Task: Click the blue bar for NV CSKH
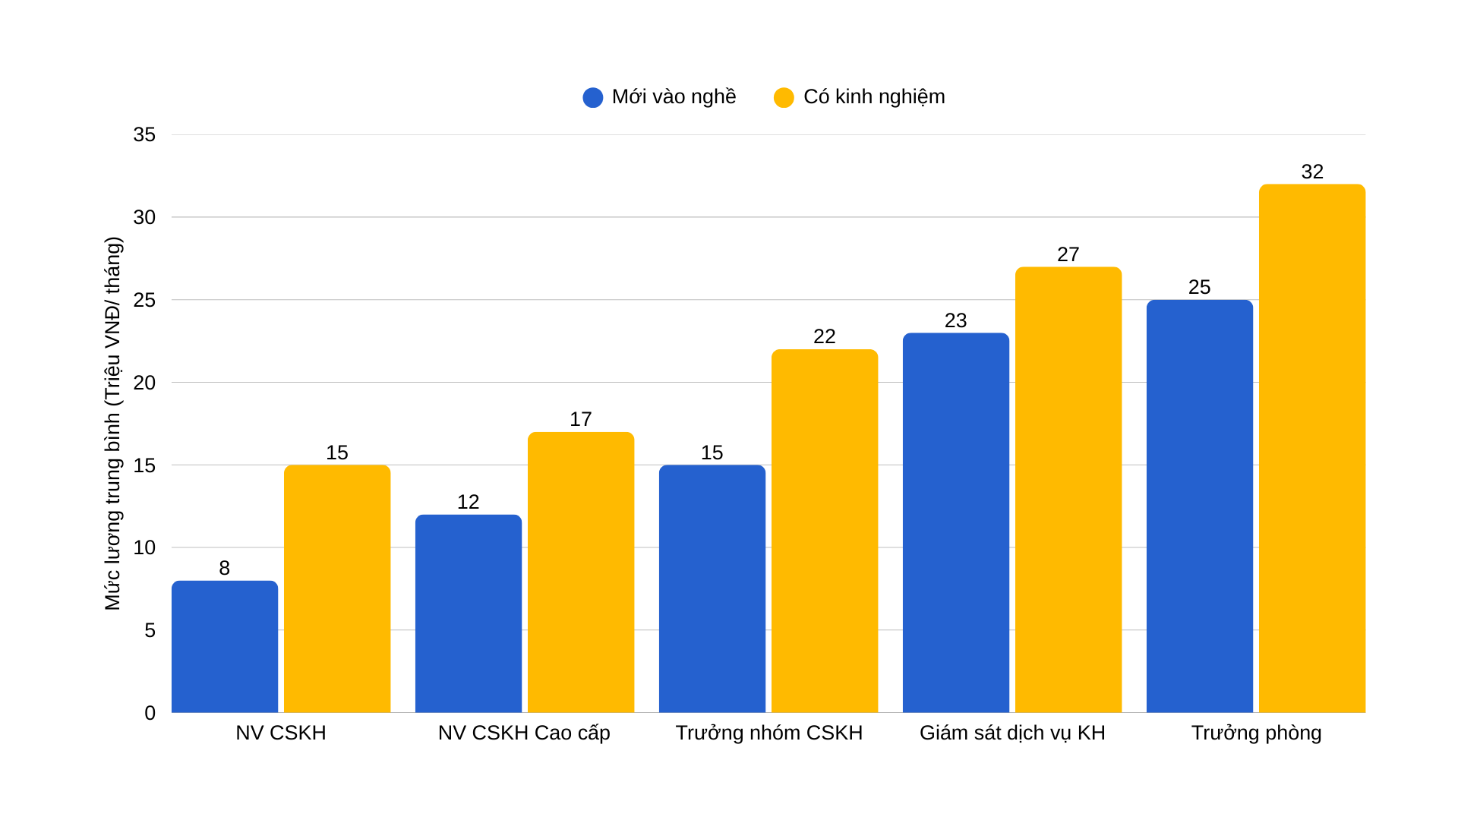coord(225,647)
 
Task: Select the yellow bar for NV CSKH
coord(337,589)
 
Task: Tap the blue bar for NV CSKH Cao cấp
coord(469,613)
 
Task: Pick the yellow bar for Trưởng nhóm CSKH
coord(825,531)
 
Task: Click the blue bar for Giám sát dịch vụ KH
coord(956,523)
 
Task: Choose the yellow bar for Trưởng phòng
coord(1312,449)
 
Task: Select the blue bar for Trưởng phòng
coord(1200,506)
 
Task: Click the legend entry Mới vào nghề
coord(659,97)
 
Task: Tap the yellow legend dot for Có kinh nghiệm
coord(784,97)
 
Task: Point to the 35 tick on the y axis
coord(144,135)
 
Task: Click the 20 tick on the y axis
coord(144,383)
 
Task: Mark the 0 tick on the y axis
coord(150,713)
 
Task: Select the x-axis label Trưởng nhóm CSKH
coord(769,733)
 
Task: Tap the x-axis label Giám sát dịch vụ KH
coord(1012,733)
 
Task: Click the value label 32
coord(1312,172)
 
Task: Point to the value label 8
coord(225,568)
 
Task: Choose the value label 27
coord(1068,254)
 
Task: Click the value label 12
coord(469,502)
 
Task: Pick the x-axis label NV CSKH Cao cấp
coord(524,733)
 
